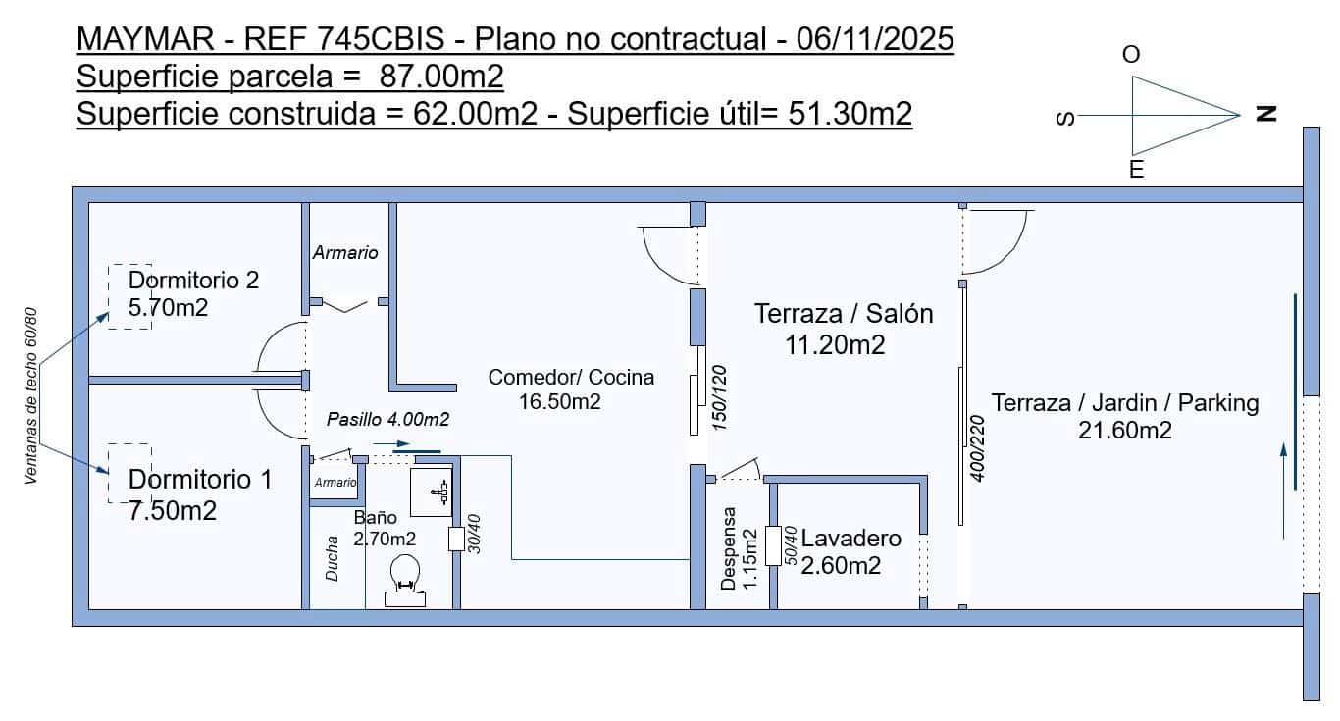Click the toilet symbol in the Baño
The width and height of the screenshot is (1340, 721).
405,581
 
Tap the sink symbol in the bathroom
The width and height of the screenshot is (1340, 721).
432,492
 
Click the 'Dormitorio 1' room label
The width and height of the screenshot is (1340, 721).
200,480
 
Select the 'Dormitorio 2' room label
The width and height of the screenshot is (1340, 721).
193,280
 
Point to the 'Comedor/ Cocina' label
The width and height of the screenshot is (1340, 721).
571,377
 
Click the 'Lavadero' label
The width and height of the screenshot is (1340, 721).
850,539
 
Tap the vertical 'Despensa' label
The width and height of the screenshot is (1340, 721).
728,548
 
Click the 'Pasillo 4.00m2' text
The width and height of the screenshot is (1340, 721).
387,420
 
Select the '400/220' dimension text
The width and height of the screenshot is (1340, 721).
977,448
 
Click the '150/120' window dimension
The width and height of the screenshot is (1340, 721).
719,397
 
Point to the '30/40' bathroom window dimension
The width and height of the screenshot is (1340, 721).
474,534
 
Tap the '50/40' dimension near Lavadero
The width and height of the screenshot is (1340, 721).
791,545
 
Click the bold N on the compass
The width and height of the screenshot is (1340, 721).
1265,114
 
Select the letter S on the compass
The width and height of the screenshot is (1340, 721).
1066,119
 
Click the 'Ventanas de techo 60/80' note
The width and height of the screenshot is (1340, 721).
30,395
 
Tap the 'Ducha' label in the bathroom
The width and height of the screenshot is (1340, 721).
332,558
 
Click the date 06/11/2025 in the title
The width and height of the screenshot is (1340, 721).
875,39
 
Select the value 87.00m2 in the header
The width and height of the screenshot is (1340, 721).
441,76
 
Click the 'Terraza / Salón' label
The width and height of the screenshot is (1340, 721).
844,314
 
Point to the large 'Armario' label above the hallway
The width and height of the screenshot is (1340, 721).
345,252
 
